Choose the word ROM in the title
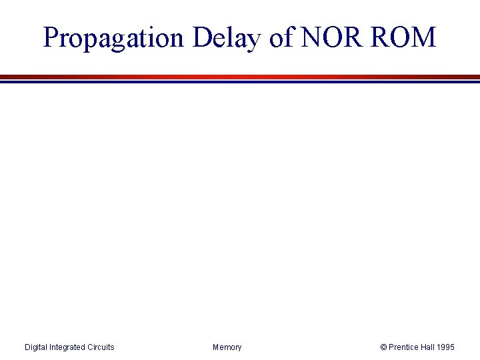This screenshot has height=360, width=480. [x=405, y=38]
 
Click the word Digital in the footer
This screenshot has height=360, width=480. [x=36, y=347]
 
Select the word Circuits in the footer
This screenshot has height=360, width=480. [x=101, y=347]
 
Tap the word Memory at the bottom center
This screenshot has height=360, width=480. [x=227, y=347]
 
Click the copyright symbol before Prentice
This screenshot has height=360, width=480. [x=383, y=347]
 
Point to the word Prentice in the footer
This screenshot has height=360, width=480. [x=404, y=347]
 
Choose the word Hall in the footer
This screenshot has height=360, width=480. [x=429, y=347]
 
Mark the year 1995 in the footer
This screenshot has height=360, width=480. [x=447, y=347]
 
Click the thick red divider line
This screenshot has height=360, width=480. [x=240, y=77]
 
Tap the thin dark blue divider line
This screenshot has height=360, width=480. [x=240, y=81]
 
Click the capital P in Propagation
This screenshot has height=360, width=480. [x=51, y=38]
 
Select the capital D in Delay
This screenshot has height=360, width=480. [x=202, y=38]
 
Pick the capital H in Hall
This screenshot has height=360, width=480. [x=423, y=347]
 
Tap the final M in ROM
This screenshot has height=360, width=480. [x=423, y=38]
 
